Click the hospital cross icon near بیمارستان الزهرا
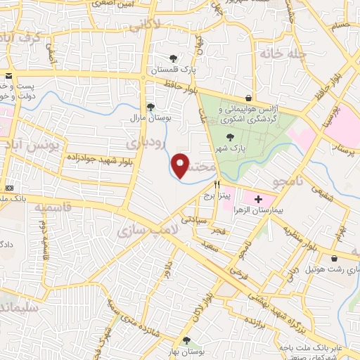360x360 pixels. pos(258,200)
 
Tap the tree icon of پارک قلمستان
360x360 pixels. pos(174,58)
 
